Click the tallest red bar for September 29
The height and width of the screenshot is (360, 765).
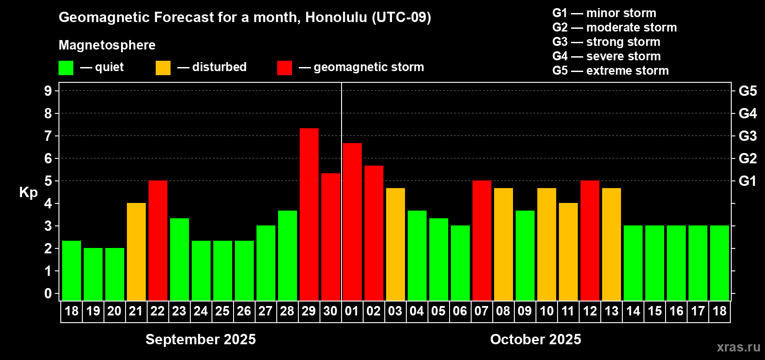click(x=309, y=214)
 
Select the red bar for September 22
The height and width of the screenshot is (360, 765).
click(x=158, y=240)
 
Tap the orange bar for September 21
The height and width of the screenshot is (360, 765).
click(x=136, y=252)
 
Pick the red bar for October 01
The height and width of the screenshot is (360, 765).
click(x=352, y=222)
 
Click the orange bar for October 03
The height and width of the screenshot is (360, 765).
click(x=396, y=244)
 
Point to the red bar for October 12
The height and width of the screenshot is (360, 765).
click(x=590, y=240)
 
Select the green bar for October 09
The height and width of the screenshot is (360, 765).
click(x=525, y=256)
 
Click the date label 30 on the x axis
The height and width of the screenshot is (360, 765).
click(x=330, y=311)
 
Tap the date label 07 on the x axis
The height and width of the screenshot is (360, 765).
click(x=481, y=311)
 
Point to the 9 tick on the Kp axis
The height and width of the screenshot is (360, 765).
click(x=48, y=91)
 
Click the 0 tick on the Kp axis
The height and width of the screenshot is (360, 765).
click(x=48, y=293)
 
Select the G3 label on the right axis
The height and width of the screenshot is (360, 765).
click(x=747, y=136)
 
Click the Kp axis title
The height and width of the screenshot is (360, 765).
click(x=28, y=192)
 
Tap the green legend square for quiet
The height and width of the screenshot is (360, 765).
click(x=66, y=67)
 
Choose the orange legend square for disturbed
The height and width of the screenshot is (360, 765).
click(x=163, y=67)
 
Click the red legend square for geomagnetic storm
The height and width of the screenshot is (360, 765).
click(x=284, y=67)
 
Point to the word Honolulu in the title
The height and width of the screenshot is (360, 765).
click(x=336, y=18)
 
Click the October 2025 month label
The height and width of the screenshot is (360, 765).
click(x=535, y=339)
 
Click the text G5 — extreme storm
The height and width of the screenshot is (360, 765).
click(x=611, y=71)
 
